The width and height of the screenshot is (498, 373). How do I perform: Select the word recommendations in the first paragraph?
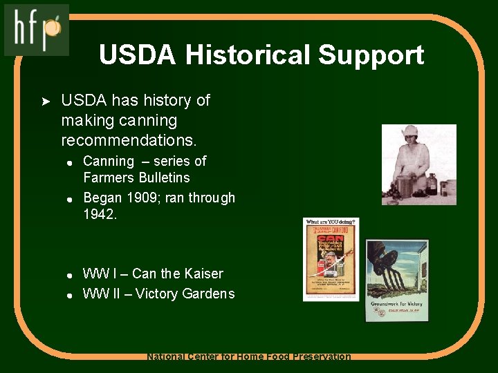pyautogui.click(x=129, y=140)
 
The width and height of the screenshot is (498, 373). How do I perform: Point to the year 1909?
pyautogui.click(x=145, y=198)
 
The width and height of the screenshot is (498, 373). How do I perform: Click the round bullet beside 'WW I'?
pyautogui.click(x=70, y=275)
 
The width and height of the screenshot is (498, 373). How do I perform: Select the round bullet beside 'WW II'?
pyautogui.click(x=70, y=295)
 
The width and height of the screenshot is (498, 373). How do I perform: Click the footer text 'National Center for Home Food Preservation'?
pyautogui.click(x=249, y=356)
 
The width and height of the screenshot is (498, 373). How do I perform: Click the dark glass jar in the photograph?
pyautogui.click(x=432, y=184)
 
